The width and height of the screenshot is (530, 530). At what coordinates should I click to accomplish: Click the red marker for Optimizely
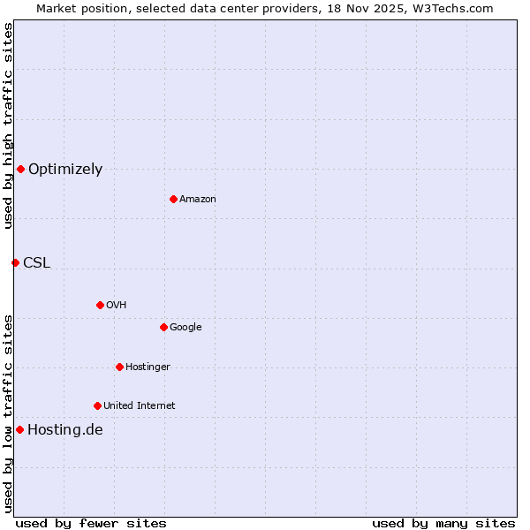20,169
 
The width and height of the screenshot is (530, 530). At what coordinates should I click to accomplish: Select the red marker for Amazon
173,199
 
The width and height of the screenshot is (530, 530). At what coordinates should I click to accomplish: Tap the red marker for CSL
15,262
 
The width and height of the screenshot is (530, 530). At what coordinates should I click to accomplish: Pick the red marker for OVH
100,305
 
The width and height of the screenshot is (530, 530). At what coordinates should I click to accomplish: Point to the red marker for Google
163,327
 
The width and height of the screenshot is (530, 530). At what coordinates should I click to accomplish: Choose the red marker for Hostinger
119,367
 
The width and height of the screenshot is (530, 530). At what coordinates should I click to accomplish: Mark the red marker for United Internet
97,405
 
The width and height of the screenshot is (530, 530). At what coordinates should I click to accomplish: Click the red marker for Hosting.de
19,429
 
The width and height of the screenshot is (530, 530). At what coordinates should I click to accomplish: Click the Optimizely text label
65,170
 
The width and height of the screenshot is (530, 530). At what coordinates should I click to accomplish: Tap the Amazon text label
198,200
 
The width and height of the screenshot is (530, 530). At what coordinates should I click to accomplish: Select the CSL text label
37,262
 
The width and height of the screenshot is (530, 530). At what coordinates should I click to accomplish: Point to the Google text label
185,328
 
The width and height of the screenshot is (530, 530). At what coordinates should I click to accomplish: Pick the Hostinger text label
148,367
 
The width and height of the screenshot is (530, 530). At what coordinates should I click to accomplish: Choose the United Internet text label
140,406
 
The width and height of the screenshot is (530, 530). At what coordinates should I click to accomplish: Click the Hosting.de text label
65,430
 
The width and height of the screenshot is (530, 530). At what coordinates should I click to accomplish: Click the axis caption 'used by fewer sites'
91,523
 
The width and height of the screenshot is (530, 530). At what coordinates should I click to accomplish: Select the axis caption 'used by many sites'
443,523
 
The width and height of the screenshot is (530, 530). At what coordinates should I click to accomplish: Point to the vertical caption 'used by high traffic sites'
8,125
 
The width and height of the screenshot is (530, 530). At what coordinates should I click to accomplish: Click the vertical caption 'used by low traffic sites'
8,413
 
